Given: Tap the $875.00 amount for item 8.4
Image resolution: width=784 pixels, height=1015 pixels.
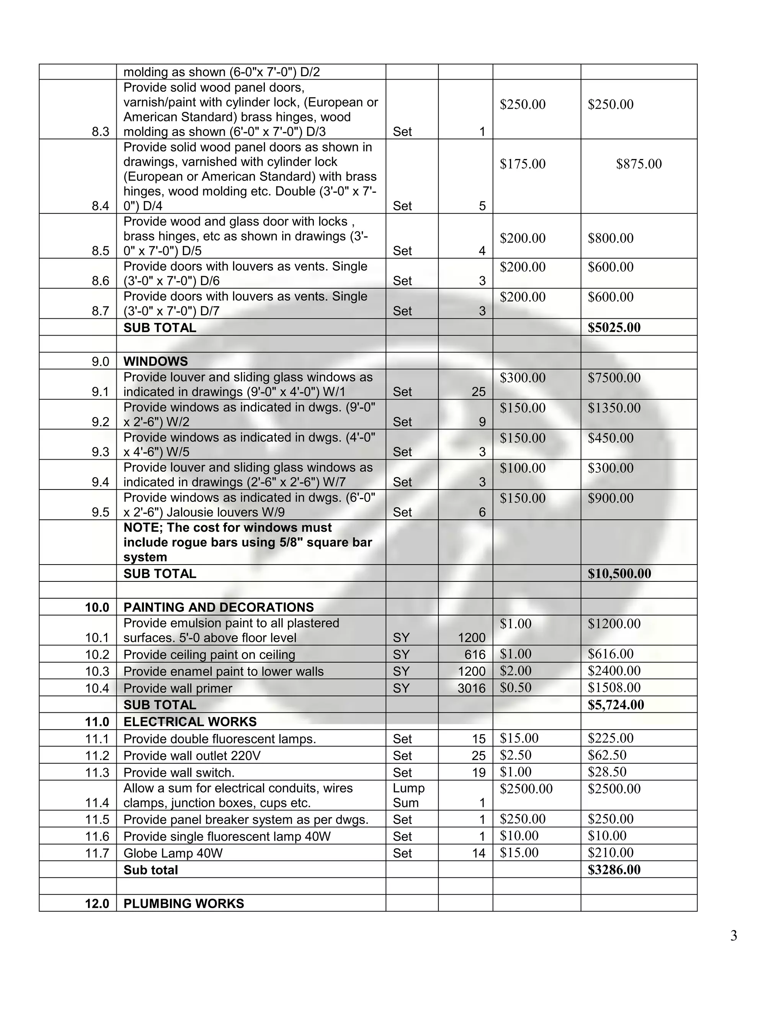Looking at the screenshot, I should pos(639,164).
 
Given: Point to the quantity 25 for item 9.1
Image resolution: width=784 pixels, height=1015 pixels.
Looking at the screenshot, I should pos(479,392).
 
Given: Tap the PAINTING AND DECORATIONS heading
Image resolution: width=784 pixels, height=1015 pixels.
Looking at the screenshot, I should pos(218,607).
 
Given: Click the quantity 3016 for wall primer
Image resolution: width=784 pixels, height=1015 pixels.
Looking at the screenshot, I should pos(471,688).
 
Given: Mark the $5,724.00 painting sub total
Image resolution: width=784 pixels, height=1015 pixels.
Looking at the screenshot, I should pos(616,705).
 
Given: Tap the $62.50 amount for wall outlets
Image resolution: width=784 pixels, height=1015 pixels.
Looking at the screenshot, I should pos(607,755).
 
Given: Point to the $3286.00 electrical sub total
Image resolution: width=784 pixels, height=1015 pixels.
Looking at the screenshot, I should pos(614,870).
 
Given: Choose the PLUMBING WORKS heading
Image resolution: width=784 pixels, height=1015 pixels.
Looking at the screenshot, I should pos(183,904).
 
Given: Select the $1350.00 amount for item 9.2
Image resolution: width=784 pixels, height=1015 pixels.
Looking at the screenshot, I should pos(614,408).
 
